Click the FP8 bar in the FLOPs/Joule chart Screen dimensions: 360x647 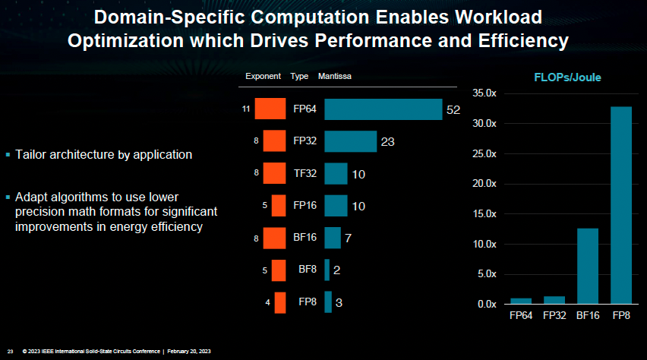(621, 205)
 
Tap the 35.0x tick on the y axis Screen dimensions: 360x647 (484, 93)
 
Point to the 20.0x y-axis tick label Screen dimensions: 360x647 (484, 184)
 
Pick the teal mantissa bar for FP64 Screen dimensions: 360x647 (383, 109)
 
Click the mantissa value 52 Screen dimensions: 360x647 (453, 110)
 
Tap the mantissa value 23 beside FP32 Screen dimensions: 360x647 (388, 142)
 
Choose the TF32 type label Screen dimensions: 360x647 (305, 173)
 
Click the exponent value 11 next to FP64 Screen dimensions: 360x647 (246, 109)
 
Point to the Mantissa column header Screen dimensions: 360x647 (334, 77)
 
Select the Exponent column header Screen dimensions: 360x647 (264, 77)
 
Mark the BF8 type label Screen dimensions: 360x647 (307, 270)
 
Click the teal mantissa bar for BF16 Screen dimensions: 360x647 (333, 238)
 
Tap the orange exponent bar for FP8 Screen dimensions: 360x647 (280, 302)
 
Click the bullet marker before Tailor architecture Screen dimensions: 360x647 (8, 155)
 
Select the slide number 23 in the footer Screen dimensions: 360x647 (10, 351)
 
